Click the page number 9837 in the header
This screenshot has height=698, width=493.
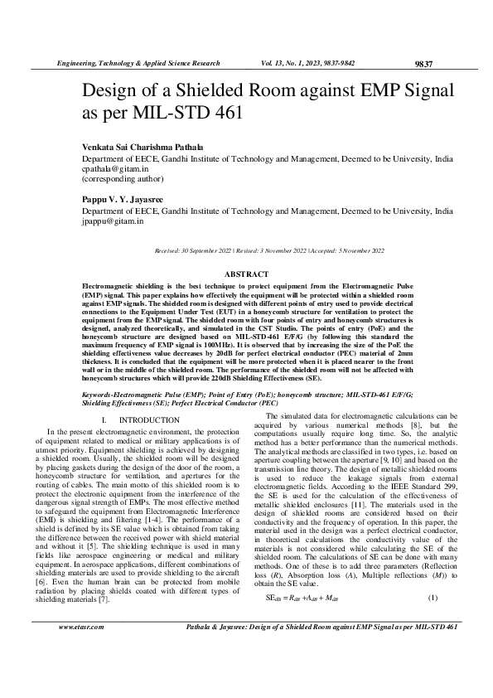(x=423, y=64)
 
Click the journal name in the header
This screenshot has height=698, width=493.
(x=137, y=63)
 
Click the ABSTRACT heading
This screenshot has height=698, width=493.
(x=246, y=274)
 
